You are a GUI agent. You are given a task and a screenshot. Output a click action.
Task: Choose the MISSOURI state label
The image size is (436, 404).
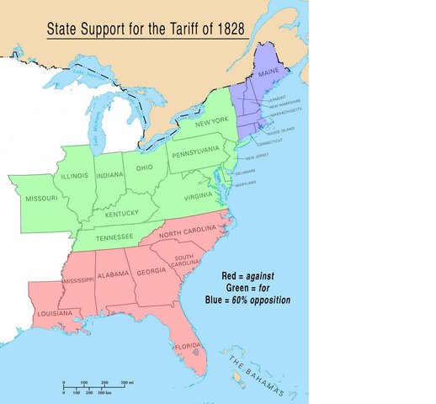coord(41,198)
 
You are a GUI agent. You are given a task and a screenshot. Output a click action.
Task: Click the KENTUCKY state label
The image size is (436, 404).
coord(122,214)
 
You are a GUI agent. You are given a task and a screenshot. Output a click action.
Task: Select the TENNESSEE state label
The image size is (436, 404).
coord(114,237)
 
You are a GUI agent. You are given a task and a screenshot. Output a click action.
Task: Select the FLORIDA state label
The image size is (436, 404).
coord(186,346)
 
